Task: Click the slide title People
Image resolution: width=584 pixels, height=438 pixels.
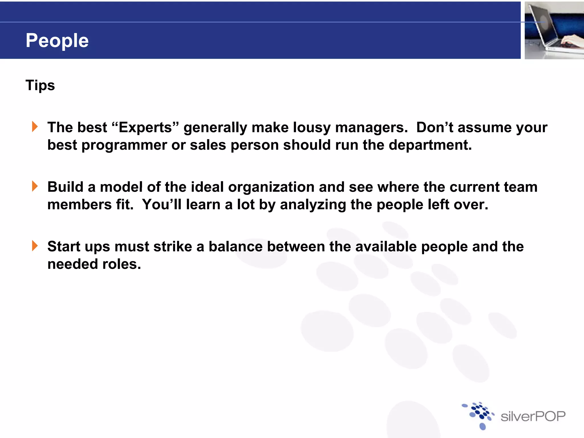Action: (x=57, y=40)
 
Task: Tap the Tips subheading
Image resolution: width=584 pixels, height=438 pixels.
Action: (x=40, y=85)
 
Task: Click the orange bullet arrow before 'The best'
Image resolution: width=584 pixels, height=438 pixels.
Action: (x=35, y=127)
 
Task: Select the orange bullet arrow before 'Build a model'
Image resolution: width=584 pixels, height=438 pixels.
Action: (x=35, y=186)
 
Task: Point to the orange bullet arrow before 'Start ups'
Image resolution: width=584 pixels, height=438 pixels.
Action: (x=35, y=246)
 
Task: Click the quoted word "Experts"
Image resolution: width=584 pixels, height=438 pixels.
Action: (x=145, y=127)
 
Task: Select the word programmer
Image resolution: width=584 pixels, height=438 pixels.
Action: (x=124, y=145)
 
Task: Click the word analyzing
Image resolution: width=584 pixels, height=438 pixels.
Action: (x=313, y=205)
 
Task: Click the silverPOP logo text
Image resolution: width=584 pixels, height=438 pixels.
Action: (x=533, y=417)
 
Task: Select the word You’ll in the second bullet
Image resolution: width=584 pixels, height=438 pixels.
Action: (x=162, y=205)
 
